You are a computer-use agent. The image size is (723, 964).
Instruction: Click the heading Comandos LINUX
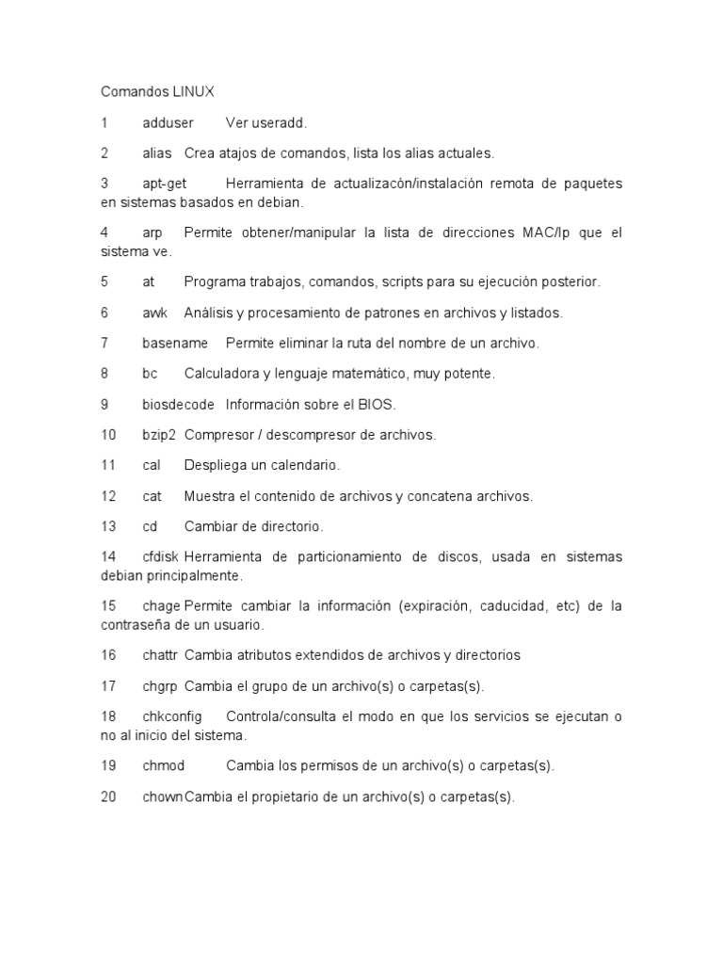[157, 92]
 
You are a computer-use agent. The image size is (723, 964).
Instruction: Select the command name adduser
[168, 123]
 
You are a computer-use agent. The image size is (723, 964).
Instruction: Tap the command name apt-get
[165, 183]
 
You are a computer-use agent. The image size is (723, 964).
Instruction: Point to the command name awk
[154, 313]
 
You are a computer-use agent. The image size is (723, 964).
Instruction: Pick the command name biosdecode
[178, 405]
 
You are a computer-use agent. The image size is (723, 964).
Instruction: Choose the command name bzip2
[159, 435]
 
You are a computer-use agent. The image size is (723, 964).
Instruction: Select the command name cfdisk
[160, 557]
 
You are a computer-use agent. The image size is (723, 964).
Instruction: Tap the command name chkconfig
[172, 716]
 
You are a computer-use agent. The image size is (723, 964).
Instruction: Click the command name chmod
[163, 765]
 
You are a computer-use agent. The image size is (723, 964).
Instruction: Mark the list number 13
[108, 526]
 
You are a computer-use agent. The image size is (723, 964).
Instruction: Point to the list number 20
[108, 796]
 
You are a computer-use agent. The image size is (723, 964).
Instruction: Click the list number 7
[104, 344]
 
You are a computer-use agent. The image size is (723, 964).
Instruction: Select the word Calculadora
[221, 374]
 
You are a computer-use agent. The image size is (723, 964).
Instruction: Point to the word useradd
[280, 123]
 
